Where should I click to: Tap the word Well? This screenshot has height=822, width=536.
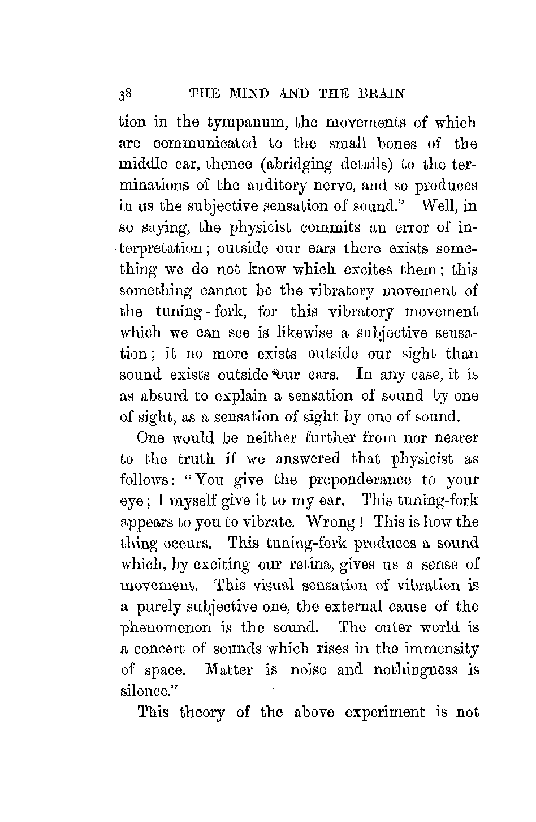click(x=434, y=206)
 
